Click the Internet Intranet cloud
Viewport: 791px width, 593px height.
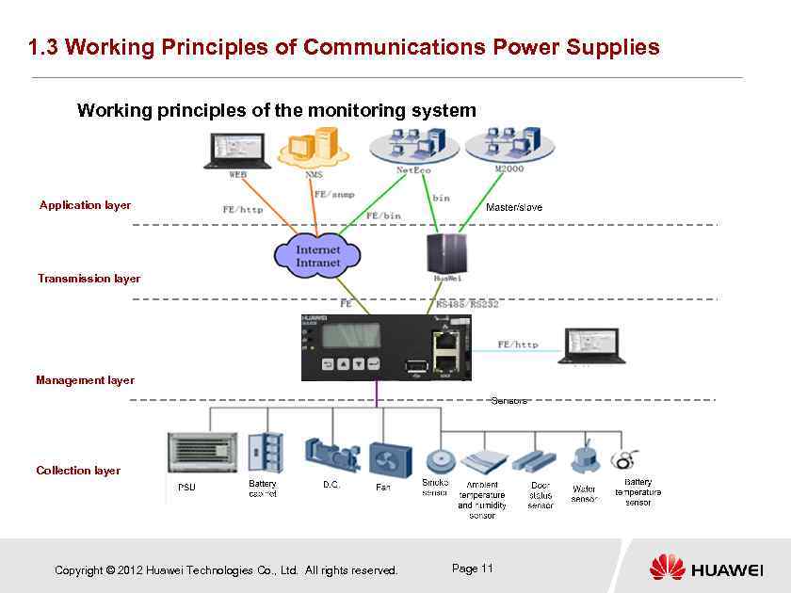coord(318,255)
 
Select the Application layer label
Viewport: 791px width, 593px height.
coord(85,205)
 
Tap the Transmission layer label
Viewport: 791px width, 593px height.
coord(89,279)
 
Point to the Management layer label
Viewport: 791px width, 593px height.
coord(85,380)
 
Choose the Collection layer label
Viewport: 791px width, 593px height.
coord(78,471)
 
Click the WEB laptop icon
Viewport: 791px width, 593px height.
coord(236,151)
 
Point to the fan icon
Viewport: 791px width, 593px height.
coord(389,460)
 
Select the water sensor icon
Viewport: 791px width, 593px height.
coord(585,457)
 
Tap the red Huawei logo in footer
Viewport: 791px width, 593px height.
coord(667,567)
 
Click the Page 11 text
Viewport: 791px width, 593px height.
coord(473,569)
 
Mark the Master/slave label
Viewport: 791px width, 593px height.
coord(513,207)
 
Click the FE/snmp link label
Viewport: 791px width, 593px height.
coord(334,195)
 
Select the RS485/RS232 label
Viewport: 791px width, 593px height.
coord(467,305)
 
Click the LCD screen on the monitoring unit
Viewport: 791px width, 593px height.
coord(350,335)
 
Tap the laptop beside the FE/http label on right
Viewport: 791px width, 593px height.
coord(591,345)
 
